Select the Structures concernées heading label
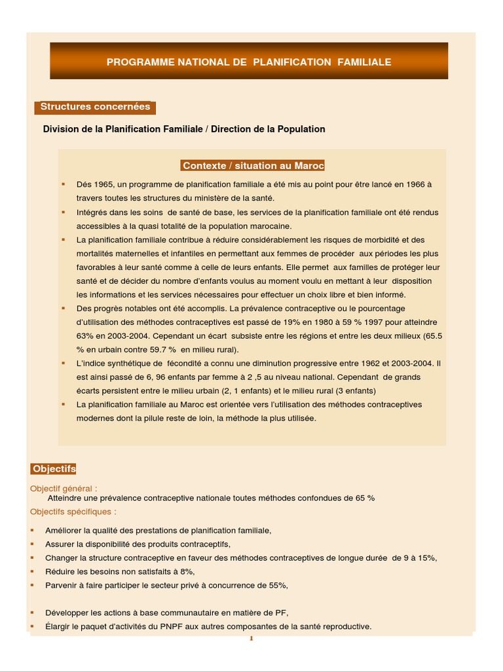tap(95, 107)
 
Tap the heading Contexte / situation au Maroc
tap(253, 166)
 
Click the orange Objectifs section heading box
tap(54, 469)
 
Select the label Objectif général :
tap(64, 488)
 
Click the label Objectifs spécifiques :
tap(73, 511)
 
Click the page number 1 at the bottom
tap(250, 639)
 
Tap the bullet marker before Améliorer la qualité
tap(32, 531)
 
